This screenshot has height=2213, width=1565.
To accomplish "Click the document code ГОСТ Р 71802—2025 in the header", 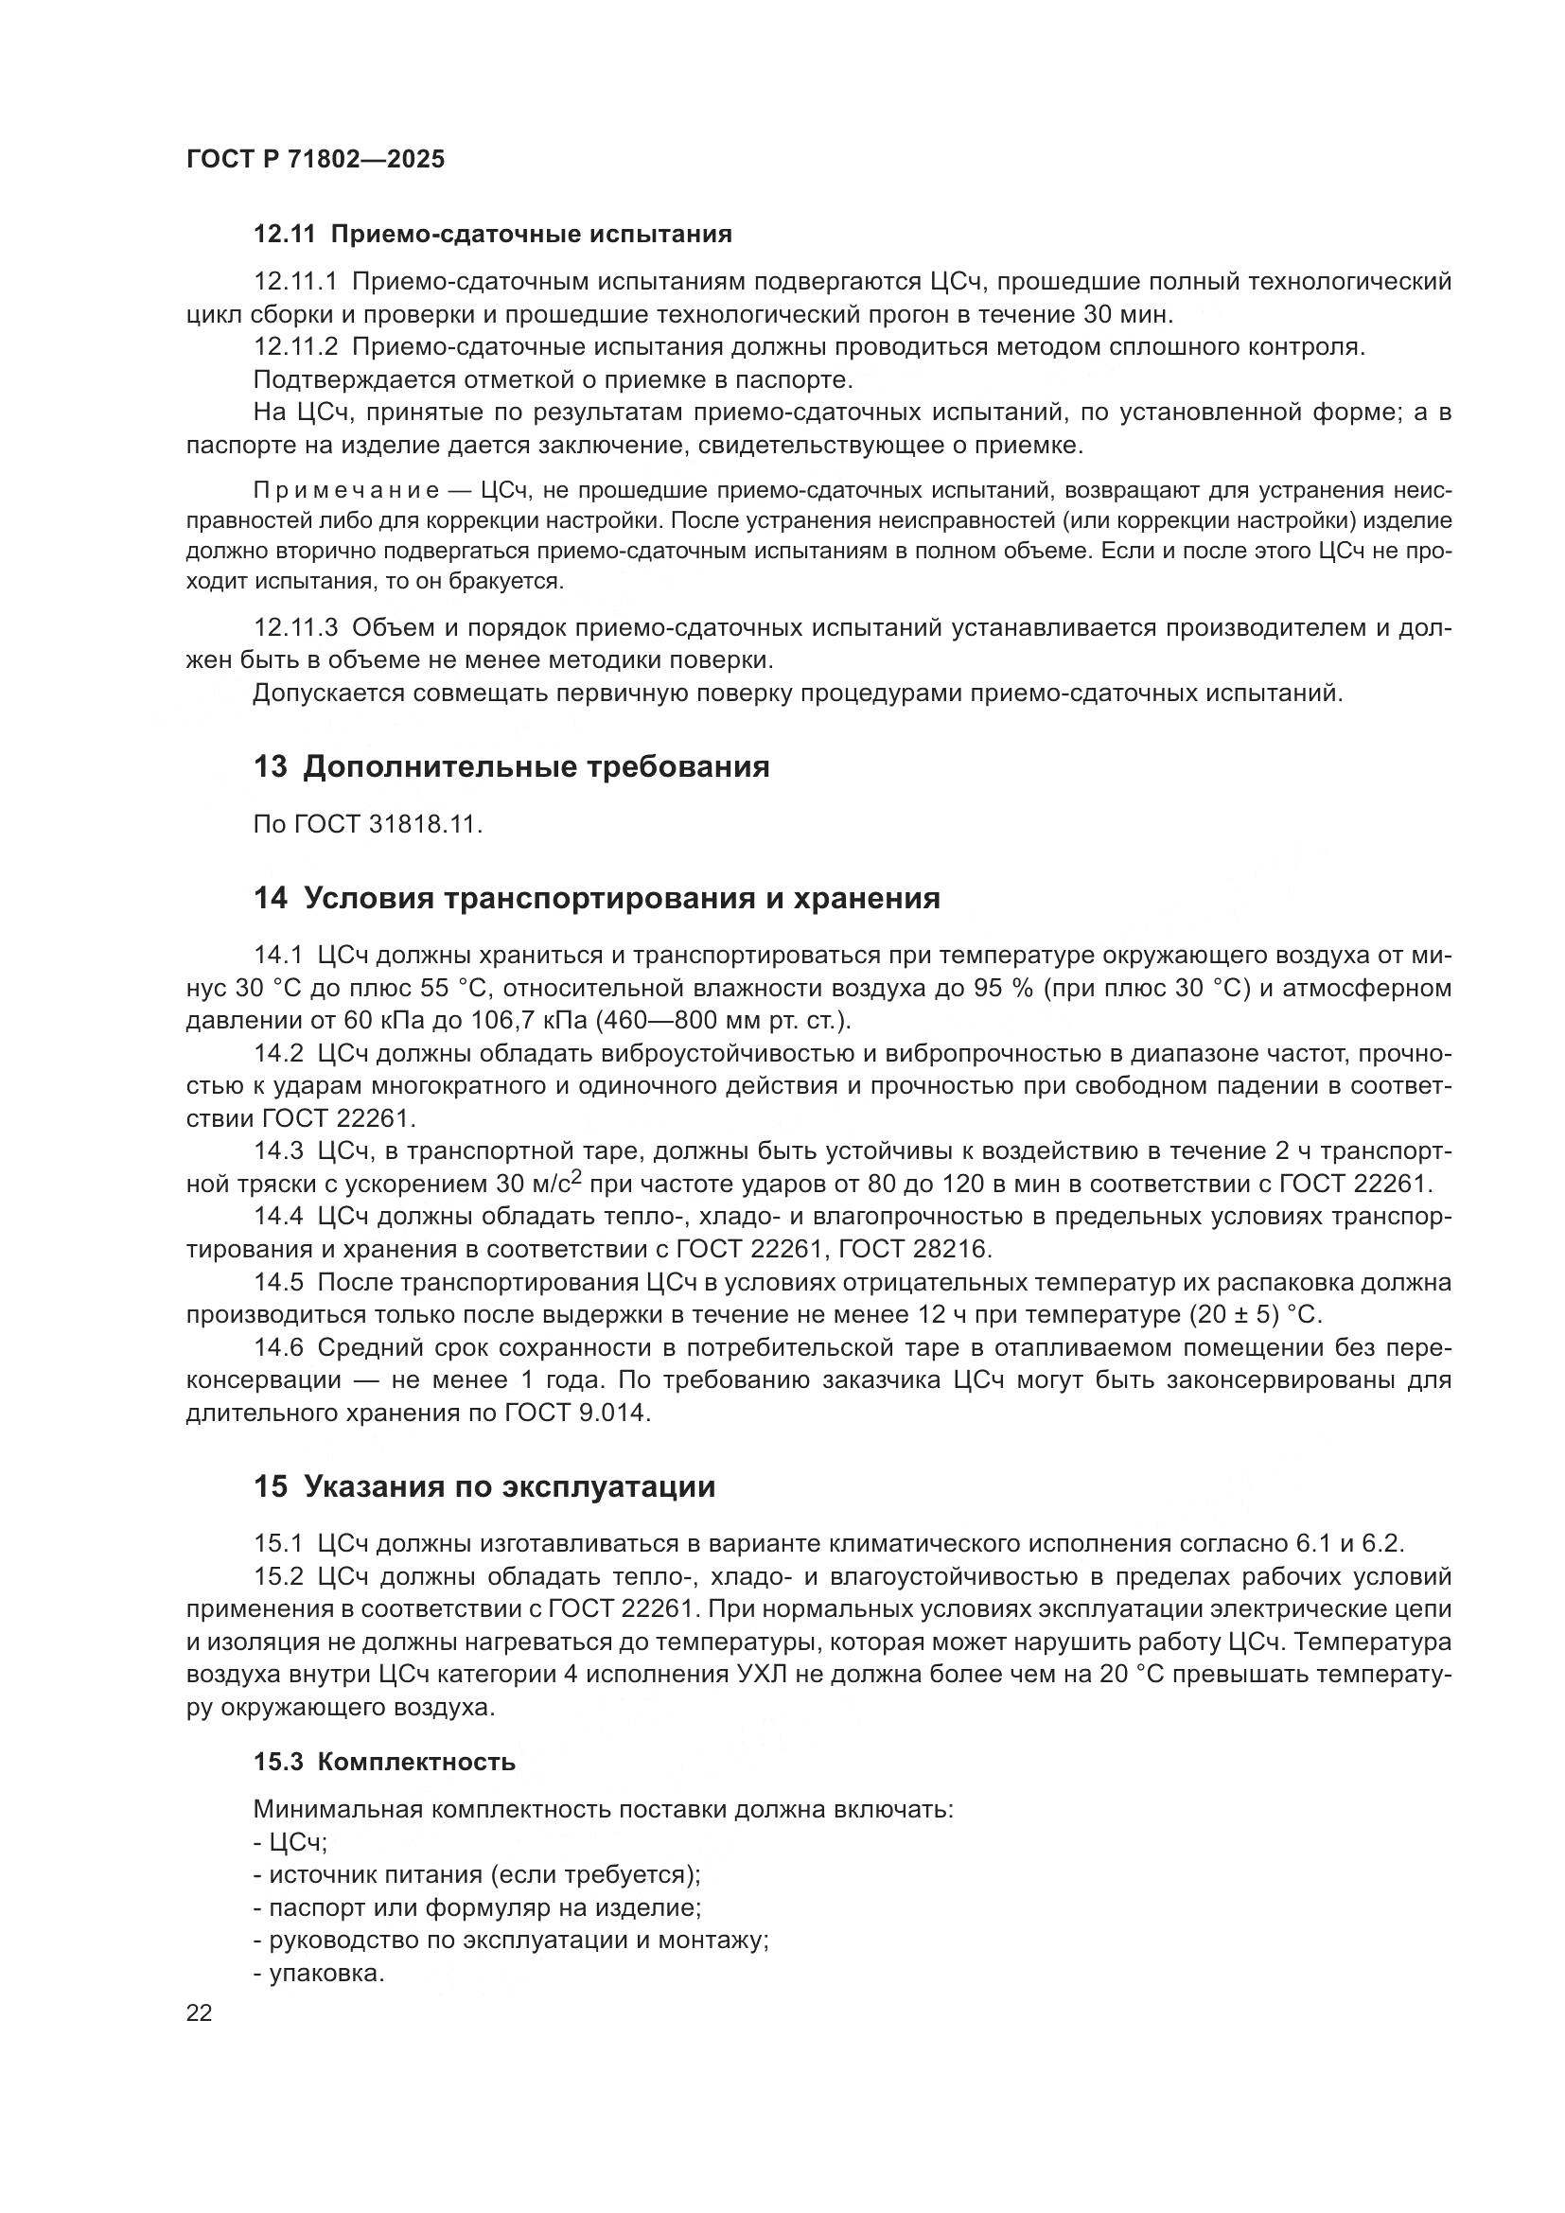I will tap(315, 160).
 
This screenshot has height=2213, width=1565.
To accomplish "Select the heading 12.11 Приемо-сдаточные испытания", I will tap(492, 235).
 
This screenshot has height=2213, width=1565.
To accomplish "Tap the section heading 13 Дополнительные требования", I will tap(512, 767).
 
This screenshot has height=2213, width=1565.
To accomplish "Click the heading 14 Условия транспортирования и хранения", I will tap(596, 898).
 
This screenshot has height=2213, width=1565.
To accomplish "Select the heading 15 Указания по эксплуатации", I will tap(484, 1486).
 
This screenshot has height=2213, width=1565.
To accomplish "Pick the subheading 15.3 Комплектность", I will tap(384, 1762).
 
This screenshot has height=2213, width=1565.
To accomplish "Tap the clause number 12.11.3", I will tap(295, 628).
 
